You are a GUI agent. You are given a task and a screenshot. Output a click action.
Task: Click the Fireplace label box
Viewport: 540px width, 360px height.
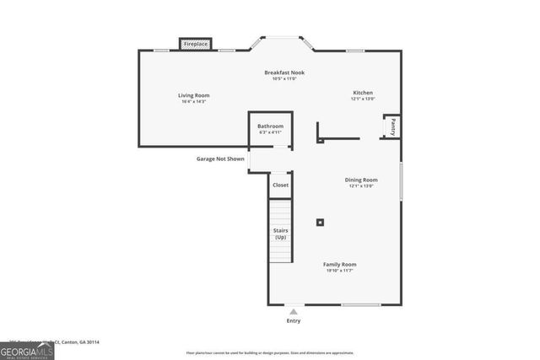coord(196,44)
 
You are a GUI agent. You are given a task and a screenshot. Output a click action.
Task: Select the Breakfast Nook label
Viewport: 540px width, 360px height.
coord(283,73)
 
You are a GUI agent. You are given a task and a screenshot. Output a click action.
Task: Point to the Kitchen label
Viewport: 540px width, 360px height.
coord(362,93)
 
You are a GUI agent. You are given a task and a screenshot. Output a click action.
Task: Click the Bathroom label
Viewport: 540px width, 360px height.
coord(271,126)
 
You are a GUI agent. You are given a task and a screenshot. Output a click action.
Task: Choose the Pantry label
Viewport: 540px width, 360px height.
coord(392,127)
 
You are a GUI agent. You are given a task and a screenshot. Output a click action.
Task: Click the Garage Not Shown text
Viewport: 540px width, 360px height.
coord(220,159)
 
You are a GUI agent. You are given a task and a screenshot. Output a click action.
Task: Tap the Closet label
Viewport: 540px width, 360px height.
coord(280,185)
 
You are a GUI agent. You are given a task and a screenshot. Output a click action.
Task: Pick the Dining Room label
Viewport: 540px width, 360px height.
coord(360,180)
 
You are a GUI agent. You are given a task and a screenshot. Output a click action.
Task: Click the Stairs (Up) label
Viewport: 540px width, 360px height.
coord(280,234)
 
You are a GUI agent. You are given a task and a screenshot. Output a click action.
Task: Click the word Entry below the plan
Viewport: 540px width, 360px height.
coord(293,321)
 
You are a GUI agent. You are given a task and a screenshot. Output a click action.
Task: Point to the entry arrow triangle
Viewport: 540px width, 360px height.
coord(293,312)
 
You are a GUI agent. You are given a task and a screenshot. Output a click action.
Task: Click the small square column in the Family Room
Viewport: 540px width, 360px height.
coord(320,223)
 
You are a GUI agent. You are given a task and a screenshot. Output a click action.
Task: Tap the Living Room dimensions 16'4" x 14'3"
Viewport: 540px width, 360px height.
coord(192,101)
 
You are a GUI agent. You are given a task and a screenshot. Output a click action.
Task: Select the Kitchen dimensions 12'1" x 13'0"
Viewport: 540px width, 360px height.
coord(362,99)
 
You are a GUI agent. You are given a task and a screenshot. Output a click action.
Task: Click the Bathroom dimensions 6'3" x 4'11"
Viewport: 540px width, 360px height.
coord(271,132)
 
